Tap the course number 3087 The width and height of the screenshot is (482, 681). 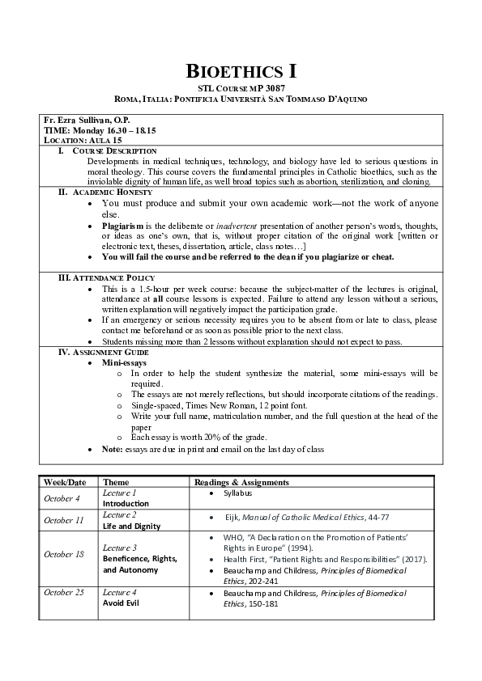coord(271,87)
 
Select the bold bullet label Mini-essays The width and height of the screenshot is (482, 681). coord(123,363)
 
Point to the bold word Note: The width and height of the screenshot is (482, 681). coord(112,449)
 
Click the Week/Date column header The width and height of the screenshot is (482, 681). coord(65,482)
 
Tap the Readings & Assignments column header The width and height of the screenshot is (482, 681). coord(241,482)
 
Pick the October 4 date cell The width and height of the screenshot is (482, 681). coord(62,498)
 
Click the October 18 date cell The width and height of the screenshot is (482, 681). coord(63,554)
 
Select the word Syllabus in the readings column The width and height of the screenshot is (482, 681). coord(238,493)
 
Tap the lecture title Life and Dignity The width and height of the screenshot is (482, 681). coord(131,526)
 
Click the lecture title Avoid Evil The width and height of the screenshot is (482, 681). coord(120,603)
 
